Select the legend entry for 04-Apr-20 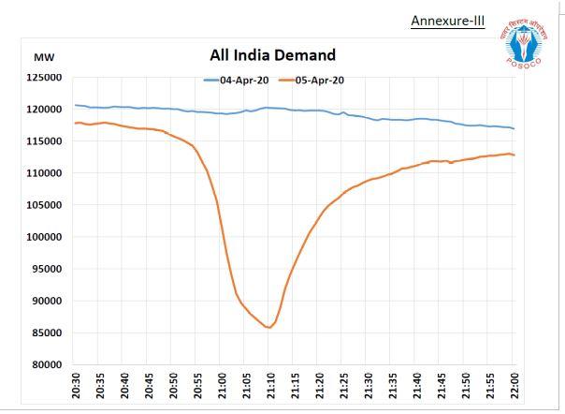(x=239, y=81)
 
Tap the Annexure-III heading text (x=447, y=21)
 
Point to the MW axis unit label (x=43, y=58)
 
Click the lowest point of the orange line (x=269, y=328)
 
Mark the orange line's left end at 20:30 (x=76, y=123)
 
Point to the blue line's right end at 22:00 (x=513, y=128)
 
